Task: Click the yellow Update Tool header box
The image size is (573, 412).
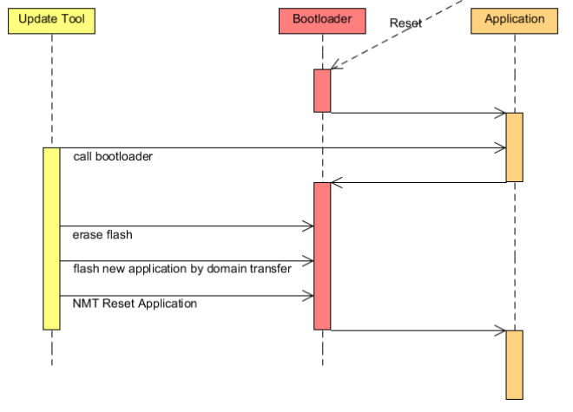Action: [51, 20]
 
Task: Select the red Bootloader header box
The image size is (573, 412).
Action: [321, 20]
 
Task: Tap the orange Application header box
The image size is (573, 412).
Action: [514, 20]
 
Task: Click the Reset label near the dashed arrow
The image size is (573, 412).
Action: [405, 24]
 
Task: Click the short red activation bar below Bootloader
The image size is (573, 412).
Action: [322, 90]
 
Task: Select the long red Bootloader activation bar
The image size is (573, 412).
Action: [322, 256]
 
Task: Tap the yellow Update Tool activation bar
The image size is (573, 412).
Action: [51, 239]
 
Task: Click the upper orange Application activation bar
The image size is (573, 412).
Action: [514, 147]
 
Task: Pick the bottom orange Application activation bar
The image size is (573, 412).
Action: [514, 364]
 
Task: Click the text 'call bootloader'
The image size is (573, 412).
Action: [113, 158]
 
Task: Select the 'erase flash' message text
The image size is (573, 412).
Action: [102, 235]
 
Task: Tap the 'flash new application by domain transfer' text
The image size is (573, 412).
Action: [181, 269]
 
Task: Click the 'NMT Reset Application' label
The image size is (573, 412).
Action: [135, 304]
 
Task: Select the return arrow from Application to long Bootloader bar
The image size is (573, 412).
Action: [417, 182]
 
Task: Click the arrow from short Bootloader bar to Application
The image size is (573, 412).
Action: [417, 112]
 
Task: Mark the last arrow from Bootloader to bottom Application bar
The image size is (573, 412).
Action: [417, 330]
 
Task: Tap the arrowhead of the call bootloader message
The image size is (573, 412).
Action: [501, 147]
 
